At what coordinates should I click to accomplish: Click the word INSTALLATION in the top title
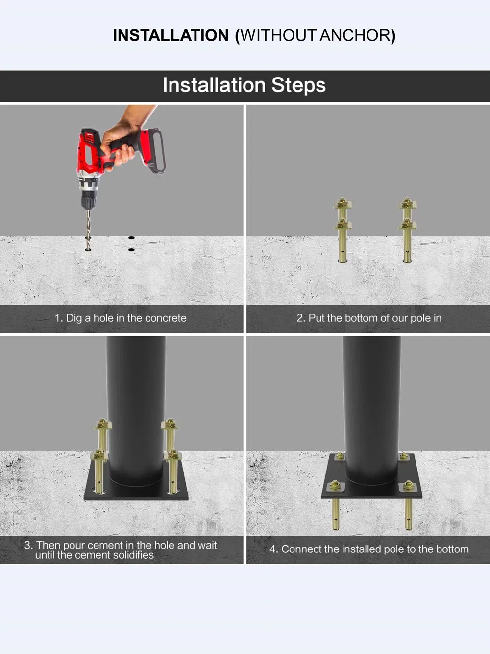click(171, 35)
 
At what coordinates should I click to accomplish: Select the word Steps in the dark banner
click(298, 85)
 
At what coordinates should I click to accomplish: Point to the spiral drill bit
click(88, 229)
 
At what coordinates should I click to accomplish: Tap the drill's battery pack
click(153, 150)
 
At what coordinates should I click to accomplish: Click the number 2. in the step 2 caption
click(301, 318)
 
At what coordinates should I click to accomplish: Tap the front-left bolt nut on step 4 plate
click(335, 485)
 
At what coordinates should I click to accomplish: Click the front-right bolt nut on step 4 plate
click(408, 485)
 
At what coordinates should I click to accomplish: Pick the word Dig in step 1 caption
click(74, 318)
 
